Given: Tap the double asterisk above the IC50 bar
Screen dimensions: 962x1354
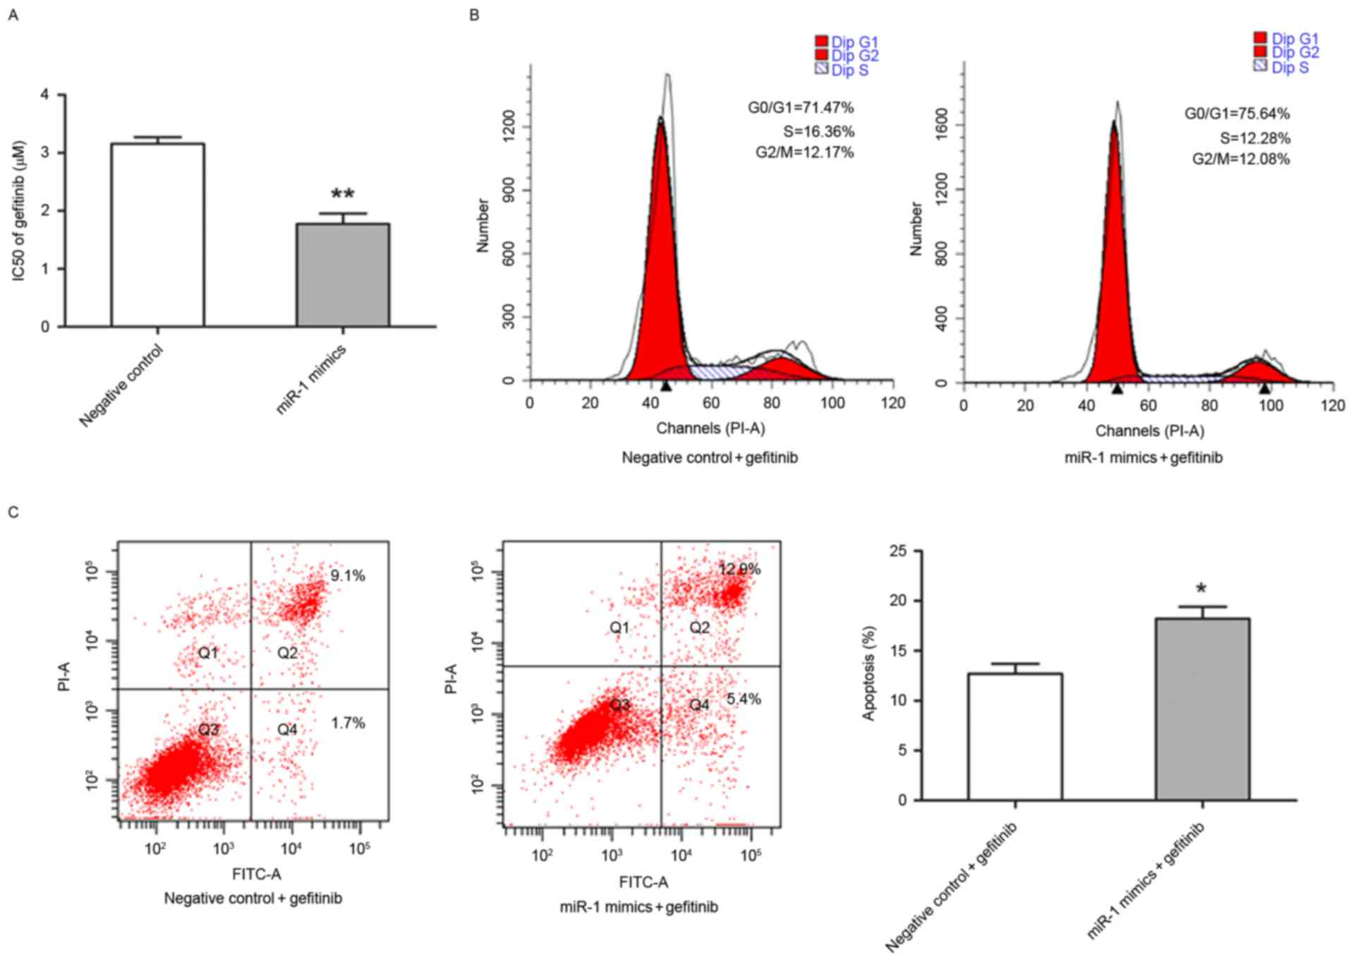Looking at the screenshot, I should click(343, 194).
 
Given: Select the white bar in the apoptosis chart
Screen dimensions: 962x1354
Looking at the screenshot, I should click(1015, 737).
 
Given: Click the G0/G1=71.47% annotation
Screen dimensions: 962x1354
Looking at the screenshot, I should click(801, 108).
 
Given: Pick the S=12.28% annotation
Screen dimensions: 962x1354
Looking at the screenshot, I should click(1255, 138).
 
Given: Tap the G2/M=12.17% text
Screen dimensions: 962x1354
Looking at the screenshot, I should click(804, 152).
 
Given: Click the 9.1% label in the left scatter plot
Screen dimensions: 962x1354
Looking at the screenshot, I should click(348, 576).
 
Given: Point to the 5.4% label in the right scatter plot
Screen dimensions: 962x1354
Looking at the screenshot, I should click(744, 699).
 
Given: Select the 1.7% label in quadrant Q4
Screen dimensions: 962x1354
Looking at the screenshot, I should click(348, 723).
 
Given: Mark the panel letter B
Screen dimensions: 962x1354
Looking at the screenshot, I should click(474, 15).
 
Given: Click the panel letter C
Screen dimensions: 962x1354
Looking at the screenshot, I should click(13, 512).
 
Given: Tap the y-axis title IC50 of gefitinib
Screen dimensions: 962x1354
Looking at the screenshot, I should click(19, 210).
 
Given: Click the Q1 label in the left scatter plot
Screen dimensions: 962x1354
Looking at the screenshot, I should click(208, 653).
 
